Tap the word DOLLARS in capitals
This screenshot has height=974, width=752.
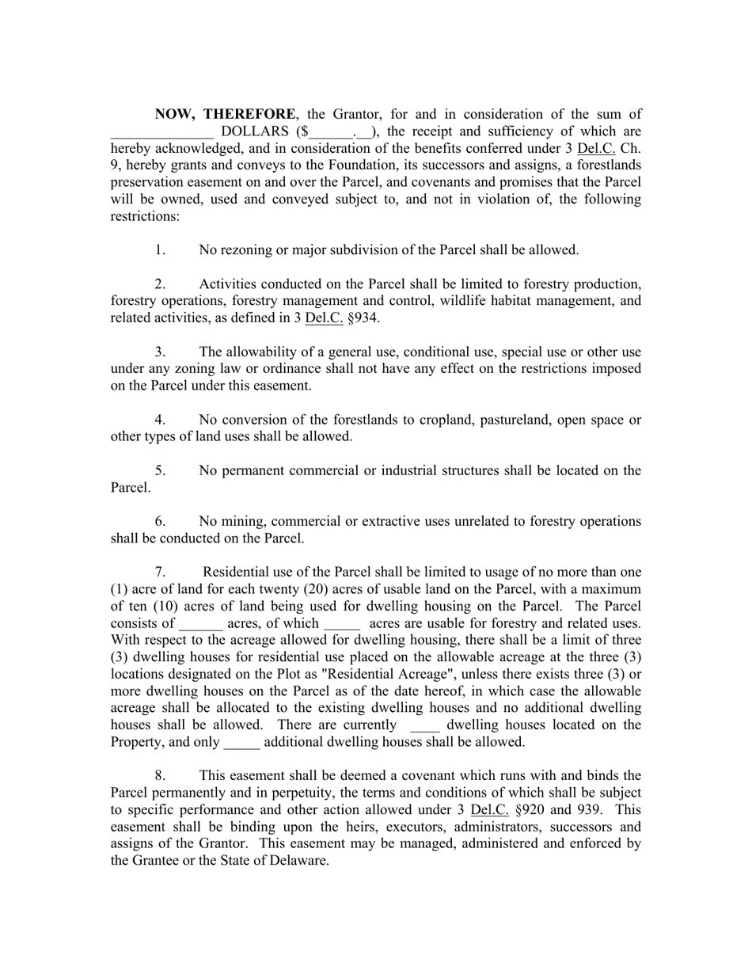tap(255, 131)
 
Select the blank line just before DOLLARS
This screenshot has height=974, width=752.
tap(161, 133)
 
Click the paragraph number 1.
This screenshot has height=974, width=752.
tap(160, 250)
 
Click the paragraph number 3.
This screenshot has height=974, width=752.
tap(160, 352)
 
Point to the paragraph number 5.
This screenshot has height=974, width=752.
tap(160, 471)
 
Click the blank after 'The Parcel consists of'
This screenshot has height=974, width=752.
tap(200, 625)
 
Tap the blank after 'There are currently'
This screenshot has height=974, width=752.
tap(425, 726)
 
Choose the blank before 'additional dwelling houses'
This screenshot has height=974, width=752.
tap(241, 744)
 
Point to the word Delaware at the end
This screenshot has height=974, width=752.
tap(299, 861)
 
